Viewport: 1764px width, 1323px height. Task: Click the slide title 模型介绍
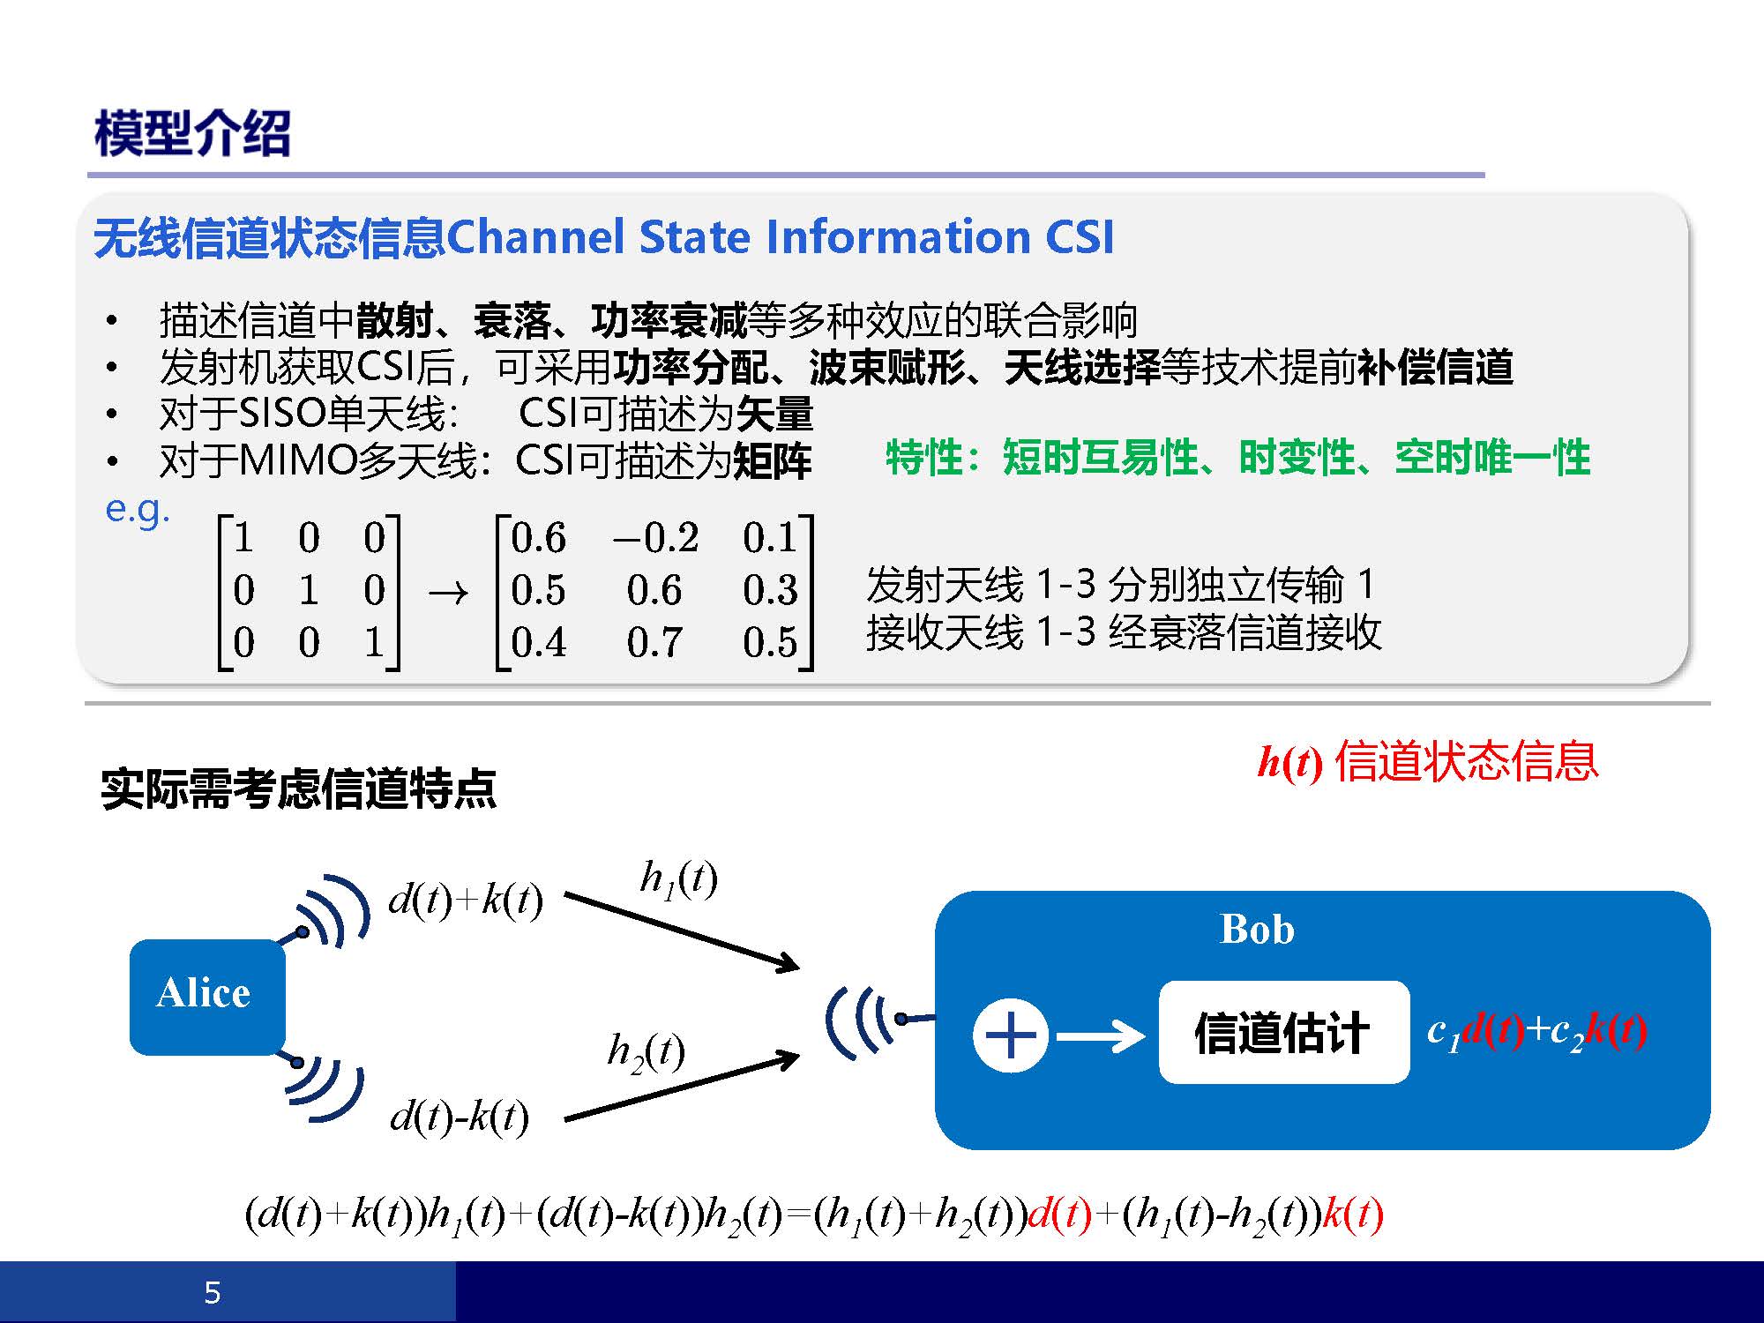pyautogui.click(x=192, y=134)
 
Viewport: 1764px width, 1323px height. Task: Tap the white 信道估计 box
pyautogui.click(x=1284, y=1032)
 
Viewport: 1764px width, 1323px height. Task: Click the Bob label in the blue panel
pyautogui.click(x=1257, y=930)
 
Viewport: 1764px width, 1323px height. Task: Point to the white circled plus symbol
pyautogui.click(x=1011, y=1035)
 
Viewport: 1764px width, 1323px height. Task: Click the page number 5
pyautogui.click(x=213, y=1293)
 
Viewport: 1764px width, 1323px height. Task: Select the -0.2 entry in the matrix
pyautogui.click(x=655, y=537)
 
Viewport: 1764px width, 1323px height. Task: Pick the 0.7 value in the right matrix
pyautogui.click(x=654, y=641)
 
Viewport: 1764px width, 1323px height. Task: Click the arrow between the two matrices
pyautogui.click(x=448, y=592)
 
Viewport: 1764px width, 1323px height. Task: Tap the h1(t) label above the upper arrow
pyautogui.click(x=678, y=879)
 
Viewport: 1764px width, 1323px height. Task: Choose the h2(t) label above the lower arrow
pyautogui.click(x=647, y=1052)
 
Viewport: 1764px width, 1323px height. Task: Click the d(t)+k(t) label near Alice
pyautogui.click(x=466, y=900)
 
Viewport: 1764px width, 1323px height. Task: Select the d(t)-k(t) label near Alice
pyautogui.click(x=460, y=1117)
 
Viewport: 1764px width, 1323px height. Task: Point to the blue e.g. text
pyautogui.click(x=138, y=509)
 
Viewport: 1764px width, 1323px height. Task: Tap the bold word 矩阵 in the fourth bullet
pyautogui.click(x=773, y=460)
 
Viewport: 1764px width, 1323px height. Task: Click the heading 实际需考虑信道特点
pyautogui.click(x=299, y=789)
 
